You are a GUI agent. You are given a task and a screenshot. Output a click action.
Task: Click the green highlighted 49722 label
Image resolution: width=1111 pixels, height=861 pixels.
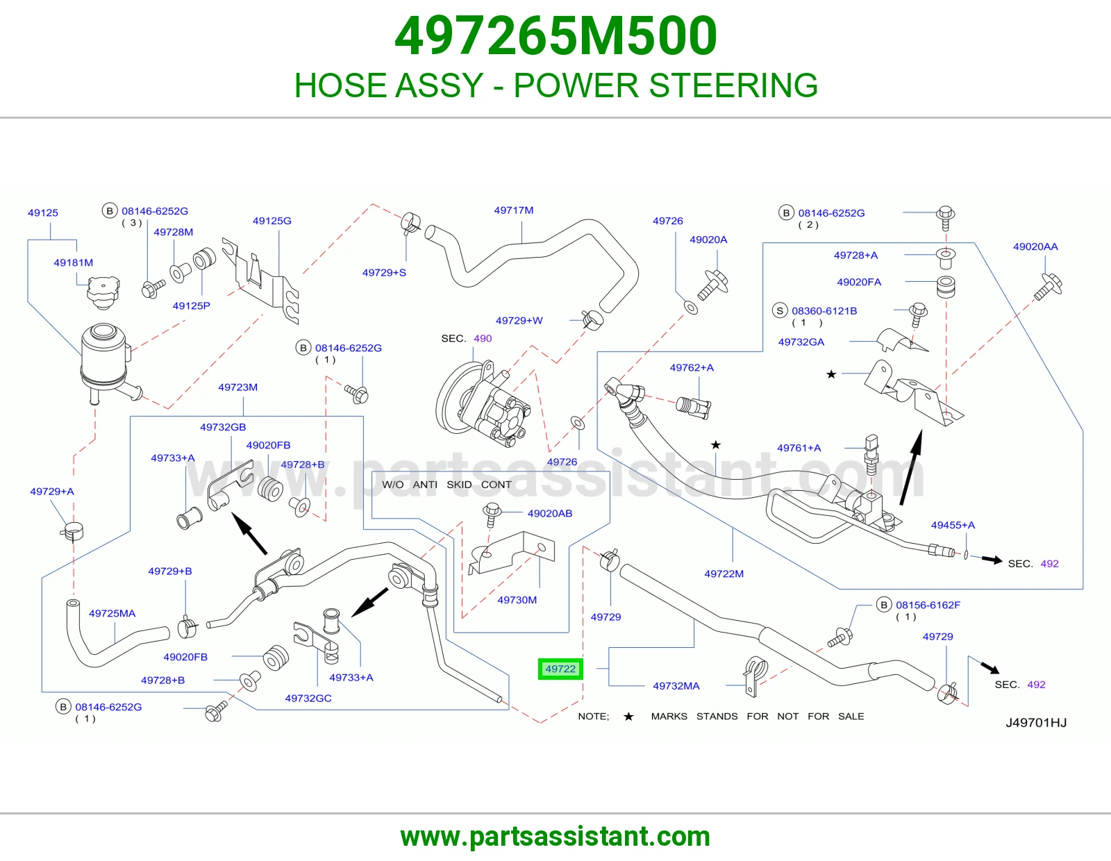(x=560, y=669)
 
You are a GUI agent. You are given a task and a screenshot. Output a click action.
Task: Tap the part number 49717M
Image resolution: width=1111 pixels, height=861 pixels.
(x=513, y=210)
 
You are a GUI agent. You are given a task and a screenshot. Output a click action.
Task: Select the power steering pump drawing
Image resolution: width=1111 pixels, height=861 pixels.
(x=483, y=403)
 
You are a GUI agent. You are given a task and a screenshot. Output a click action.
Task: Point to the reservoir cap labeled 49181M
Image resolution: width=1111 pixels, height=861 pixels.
(x=103, y=292)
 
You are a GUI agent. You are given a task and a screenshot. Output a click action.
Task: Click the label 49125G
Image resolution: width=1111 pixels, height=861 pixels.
(x=272, y=221)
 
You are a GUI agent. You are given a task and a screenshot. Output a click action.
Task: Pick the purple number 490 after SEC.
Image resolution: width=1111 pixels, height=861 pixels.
(x=483, y=338)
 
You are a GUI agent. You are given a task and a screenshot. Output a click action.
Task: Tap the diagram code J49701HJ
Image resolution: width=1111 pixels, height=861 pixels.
(x=1036, y=722)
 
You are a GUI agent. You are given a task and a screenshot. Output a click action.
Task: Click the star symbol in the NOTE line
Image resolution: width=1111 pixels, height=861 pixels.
(x=628, y=717)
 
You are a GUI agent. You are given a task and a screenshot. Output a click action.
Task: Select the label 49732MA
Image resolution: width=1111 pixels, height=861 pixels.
(x=676, y=685)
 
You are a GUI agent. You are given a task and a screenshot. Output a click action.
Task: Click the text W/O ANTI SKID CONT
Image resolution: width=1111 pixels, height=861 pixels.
(x=446, y=485)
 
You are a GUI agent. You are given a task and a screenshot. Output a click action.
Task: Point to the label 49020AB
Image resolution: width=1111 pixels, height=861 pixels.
(x=550, y=513)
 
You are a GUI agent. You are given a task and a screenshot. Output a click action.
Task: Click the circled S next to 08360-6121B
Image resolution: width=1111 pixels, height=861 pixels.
(x=780, y=310)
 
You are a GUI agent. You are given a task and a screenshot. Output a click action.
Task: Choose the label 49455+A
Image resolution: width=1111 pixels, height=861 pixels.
(x=953, y=525)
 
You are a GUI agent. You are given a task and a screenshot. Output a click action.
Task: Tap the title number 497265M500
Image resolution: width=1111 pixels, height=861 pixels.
(x=555, y=35)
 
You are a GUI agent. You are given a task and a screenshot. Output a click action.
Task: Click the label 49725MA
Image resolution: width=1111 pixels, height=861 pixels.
(x=112, y=614)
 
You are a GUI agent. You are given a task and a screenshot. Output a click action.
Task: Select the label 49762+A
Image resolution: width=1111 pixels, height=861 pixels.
(x=691, y=367)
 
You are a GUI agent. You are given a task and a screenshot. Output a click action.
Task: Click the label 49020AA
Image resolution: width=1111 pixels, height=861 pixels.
(x=1035, y=246)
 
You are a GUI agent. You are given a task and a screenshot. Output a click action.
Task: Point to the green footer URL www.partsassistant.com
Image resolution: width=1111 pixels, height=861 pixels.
(x=555, y=837)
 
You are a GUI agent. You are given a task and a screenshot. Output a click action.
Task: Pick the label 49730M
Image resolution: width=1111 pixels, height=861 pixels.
(x=517, y=600)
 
